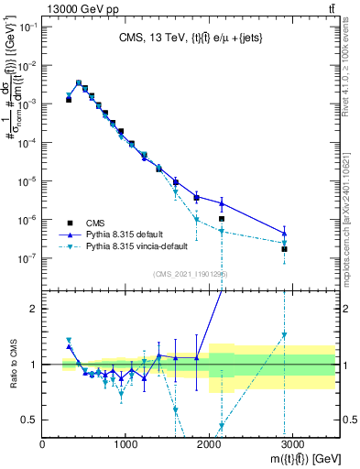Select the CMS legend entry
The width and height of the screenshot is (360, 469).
pyautogui.click(x=102, y=222)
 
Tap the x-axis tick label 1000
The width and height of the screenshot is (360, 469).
pyautogui.click(x=125, y=443)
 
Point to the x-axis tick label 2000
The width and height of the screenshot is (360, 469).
pyautogui.click(x=209, y=443)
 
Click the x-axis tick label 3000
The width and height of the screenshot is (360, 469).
pyautogui.click(x=292, y=443)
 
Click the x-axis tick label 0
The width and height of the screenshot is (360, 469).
pyautogui.click(x=43, y=443)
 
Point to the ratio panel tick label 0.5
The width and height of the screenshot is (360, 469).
pyautogui.click(x=29, y=420)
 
